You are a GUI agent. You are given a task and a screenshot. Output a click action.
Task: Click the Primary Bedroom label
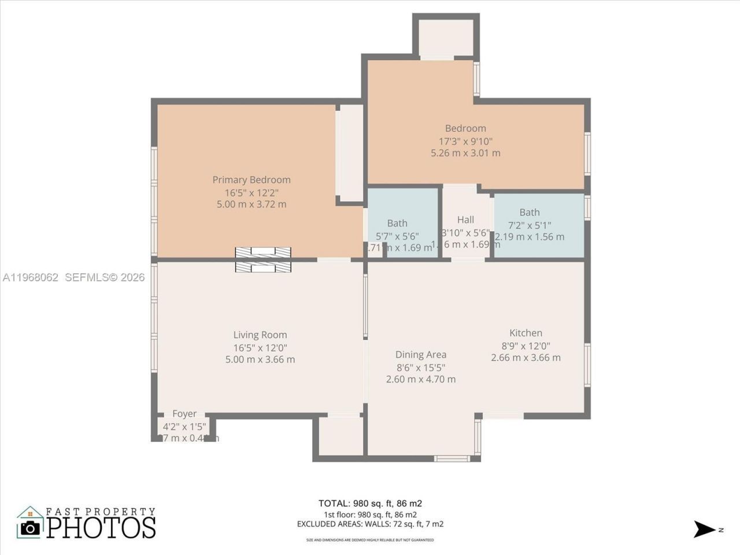click(251, 180)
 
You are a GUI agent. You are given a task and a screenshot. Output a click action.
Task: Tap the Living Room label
click(260, 335)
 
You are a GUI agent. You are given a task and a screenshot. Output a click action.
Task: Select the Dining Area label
click(421, 354)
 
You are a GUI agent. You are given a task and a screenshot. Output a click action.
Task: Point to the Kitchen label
click(526, 333)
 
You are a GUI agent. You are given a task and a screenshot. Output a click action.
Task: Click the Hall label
click(465, 220)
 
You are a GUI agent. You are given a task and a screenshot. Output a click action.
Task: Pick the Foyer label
click(184, 414)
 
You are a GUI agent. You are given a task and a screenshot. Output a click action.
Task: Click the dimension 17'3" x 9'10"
click(465, 141)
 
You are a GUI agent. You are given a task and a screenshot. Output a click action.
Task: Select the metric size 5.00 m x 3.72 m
click(251, 204)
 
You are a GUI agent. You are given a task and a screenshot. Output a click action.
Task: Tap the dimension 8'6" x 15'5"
click(421, 367)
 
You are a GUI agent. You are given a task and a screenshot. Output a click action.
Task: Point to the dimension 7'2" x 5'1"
click(529, 225)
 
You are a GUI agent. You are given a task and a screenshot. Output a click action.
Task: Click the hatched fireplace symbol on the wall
click(263, 260)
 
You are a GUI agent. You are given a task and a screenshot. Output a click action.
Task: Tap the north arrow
click(705, 529)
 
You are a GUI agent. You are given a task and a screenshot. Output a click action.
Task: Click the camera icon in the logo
click(30, 527)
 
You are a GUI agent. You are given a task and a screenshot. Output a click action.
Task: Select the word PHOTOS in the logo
click(101, 527)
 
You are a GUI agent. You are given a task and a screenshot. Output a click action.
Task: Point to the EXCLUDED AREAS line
click(370, 524)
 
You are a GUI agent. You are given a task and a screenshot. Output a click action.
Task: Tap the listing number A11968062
click(31, 277)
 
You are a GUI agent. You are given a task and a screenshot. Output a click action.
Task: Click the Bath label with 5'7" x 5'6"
click(397, 223)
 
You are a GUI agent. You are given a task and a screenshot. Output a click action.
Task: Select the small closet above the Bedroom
click(446, 38)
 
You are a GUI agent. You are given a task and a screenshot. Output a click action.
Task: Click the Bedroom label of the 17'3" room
click(465, 128)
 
